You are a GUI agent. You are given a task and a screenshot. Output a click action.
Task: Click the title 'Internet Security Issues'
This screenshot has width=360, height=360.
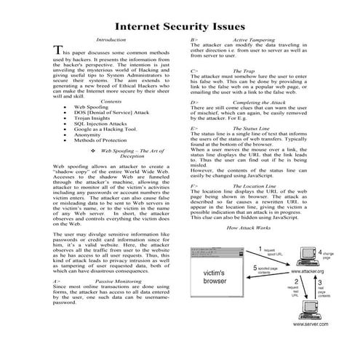180,25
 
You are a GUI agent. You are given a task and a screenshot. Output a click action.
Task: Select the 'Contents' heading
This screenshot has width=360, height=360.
111,101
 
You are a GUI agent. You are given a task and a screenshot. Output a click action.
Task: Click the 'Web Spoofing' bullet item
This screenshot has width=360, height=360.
92,107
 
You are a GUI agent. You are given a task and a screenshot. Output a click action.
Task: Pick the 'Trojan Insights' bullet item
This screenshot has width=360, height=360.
95,119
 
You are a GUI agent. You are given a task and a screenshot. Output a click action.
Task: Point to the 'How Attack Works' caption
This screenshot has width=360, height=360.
249,228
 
